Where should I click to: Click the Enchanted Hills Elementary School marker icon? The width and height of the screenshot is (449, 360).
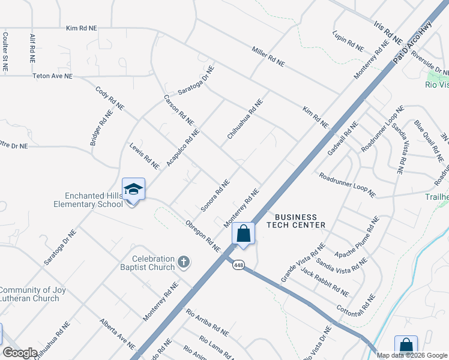[133, 190]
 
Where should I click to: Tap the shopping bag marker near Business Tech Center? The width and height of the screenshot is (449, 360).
[243, 233]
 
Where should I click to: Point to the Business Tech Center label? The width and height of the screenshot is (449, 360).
[300, 221]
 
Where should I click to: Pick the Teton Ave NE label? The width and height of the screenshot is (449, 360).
[52, 76]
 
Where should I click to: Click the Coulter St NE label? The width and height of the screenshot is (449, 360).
[5, 52]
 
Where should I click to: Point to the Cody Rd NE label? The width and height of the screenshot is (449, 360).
[110, 98]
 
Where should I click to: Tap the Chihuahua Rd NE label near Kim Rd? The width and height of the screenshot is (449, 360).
[245, 119]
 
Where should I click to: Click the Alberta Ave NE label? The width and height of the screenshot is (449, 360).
[118, 335]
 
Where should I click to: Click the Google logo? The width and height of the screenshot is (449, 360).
[20, 353]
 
